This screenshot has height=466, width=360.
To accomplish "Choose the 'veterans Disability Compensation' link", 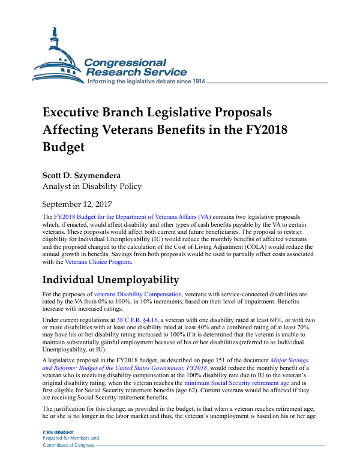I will coord(138,294).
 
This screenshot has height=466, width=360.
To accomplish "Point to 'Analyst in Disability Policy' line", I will coord(92,187).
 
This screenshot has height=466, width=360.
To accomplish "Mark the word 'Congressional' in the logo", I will coord(125,62).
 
